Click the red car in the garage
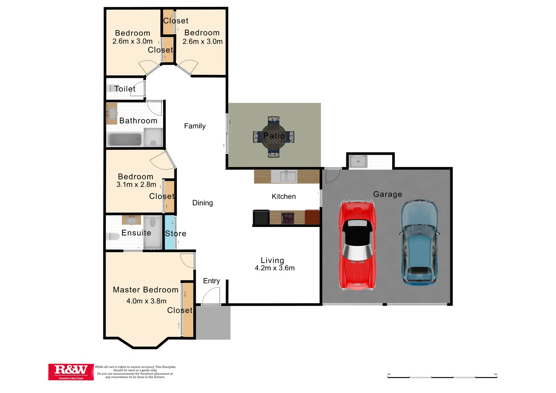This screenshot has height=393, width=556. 357,246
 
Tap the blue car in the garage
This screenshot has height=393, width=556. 419,242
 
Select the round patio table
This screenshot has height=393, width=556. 274,136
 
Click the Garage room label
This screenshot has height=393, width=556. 387,194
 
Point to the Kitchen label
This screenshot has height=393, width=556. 284,196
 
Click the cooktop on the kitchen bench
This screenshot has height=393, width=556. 288,218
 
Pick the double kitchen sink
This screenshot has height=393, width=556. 284,176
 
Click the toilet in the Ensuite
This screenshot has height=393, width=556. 113,237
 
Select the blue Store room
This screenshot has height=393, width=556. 170,233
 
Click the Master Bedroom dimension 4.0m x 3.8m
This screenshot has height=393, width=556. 146,301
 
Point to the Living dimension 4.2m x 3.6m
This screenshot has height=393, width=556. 275,268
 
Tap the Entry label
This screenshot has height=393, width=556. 211,281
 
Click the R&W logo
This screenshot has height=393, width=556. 71,372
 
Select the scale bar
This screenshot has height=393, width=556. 442,377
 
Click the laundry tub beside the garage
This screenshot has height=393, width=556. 358,161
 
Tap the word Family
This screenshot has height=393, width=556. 195,126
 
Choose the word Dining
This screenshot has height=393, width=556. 202,203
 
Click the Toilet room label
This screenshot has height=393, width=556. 125,89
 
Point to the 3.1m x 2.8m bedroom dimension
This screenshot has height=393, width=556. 136,184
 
